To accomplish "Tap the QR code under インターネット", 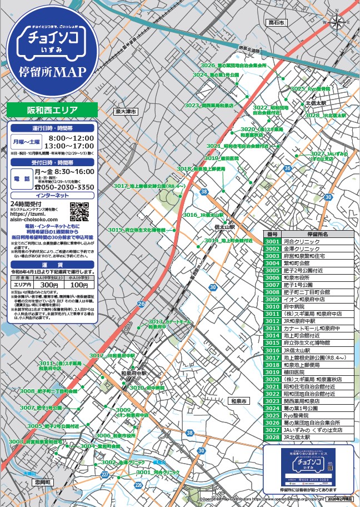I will [79, 212].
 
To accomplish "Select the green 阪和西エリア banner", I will [52, 110].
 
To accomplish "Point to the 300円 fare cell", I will [49, 285].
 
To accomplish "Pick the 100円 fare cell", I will [79, 285].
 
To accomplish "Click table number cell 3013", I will [272, 328].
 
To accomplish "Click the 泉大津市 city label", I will [125, 111].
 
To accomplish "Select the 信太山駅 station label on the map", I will [225, 227].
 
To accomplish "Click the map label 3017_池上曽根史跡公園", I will [148, 186].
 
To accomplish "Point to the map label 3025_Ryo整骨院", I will [311, 88].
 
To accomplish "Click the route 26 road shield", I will [141, 304].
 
